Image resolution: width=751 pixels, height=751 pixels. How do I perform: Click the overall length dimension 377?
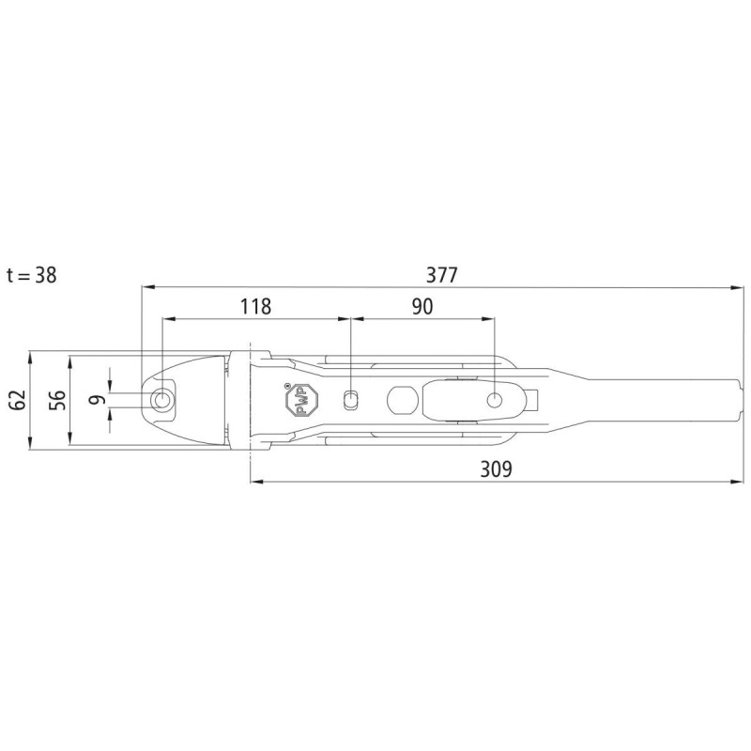point(441,275)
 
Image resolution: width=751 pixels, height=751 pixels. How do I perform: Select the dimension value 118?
point(255,307)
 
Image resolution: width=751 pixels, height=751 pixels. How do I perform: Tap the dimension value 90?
point(422,307)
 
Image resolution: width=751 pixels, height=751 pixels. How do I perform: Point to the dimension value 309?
point(497,469)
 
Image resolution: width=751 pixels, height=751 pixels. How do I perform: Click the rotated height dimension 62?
point(17,400)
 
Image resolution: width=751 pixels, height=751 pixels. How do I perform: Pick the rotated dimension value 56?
point(57,400)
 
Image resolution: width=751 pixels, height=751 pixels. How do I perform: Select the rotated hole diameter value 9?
point(97,400)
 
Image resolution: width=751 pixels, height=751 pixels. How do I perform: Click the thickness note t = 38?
point(32,275)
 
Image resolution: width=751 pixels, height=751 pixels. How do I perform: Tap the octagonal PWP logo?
point(301,401)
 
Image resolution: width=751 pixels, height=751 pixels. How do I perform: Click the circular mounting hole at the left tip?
point(161,400)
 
